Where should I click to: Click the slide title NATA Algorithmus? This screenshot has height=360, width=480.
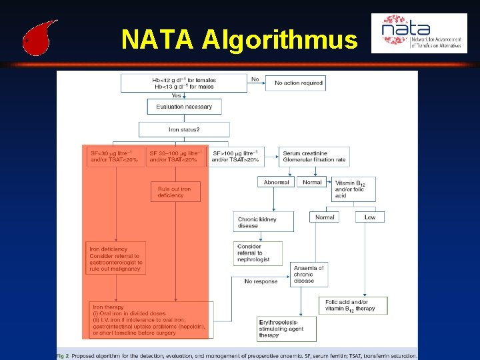(239, 41)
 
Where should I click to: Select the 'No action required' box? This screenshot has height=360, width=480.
(298, 83)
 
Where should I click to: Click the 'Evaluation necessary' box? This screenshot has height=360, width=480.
(184, 107)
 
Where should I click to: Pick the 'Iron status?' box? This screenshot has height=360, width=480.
(184, 129)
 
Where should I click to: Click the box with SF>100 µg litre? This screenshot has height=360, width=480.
(236, 157)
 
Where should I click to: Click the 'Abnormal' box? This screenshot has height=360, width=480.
(276, 182)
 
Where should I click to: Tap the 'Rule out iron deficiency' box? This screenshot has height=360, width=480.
(175, 192)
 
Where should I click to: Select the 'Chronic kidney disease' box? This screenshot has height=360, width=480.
(265, 222)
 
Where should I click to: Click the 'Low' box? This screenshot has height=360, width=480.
(369, 217)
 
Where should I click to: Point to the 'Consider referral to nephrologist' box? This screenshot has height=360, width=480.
(258, 253)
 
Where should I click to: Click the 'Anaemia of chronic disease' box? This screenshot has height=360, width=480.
(308, 274)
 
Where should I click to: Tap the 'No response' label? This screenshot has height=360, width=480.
(261, 281)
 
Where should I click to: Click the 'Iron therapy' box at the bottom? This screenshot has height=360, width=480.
(151, 319)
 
